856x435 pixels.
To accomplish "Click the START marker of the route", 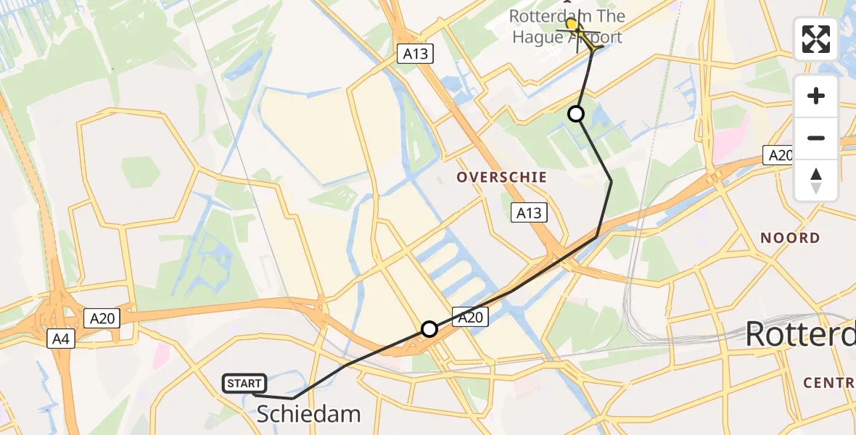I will [x=245, y=384].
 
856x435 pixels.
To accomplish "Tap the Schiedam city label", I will [x=309, y=414].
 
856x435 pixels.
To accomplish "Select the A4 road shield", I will [x=59, y=339].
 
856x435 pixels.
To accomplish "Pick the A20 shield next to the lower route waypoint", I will [x=469, y=316].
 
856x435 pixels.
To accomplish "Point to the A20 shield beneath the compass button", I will [x=780, y=155].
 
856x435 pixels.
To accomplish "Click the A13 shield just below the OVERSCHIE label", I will [x=529, y=212].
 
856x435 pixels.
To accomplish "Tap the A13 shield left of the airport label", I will [x=419, y=53].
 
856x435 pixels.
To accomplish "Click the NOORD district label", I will [x=790, y=238].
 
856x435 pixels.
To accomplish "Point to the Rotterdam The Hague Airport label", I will [x=566, y=26].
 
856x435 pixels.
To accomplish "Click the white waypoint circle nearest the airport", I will [x=575, y=114].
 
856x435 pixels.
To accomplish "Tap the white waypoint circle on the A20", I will [x=429, y=329].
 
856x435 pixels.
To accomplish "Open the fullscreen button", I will [x=816, y=39].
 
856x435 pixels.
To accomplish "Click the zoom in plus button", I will [x=816, y=96].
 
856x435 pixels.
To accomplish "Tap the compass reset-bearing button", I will [x=816, y=180].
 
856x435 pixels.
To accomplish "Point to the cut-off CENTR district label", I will [x=829, y=382].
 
